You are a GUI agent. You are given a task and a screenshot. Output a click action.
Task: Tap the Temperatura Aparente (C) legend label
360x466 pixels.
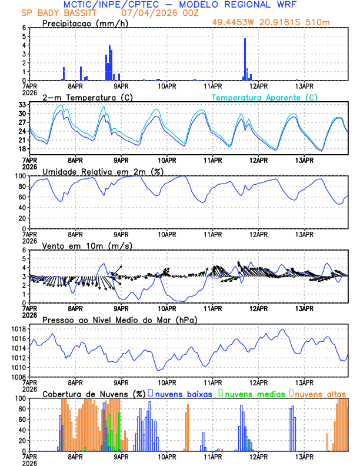265,97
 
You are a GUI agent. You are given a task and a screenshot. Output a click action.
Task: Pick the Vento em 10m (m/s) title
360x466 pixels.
86,245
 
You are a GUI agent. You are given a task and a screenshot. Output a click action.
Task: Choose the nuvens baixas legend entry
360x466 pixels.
181,394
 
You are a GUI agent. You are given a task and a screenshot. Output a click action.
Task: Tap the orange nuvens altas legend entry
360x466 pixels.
318,394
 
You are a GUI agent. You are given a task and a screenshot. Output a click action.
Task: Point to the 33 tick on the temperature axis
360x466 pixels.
22,104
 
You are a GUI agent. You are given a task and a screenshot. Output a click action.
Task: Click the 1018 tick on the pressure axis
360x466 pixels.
18,329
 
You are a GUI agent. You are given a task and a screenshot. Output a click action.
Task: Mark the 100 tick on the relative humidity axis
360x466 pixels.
19,176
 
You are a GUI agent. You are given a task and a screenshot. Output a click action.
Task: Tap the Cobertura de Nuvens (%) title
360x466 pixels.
93,394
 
